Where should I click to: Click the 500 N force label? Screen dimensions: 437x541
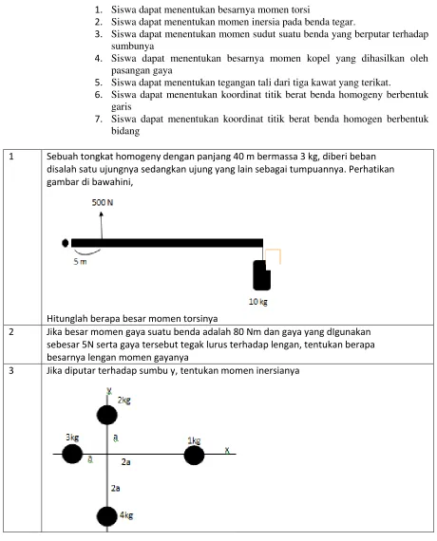pyautogui.click(x=103, y=202)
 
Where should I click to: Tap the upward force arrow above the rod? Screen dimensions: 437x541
pyautogui.click(x=102, y=225)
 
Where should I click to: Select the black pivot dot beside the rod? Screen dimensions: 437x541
pyautogui.click(x=65, y=243)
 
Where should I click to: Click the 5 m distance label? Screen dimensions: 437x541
pyautogui.click(x=80, y=262)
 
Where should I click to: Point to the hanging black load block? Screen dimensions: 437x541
pyautogui.click(x=261, y=275)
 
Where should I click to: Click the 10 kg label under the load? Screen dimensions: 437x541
pyautogui.click(x=258, y=302)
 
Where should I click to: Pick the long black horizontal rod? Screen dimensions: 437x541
pyautogui.click(x=167, y=243)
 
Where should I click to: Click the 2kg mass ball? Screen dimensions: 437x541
pyautogui.click(x=107, y=415)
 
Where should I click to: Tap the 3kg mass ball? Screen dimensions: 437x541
pyautogui.click(x=72, y=454)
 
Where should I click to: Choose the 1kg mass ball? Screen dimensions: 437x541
pyautogui.click(x=194, y=456)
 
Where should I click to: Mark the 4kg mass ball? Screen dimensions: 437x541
pyautogui.click(x=107, y=516)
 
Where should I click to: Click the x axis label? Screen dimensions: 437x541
pyautogui.click(x=227, y=450)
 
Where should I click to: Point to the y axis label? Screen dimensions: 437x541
pyautogui.click(x=109, y=391)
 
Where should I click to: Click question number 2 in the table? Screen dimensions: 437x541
pyautogui.click(x=11, y=332)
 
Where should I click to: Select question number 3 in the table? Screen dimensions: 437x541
pyautogui.click(x=11, y=370)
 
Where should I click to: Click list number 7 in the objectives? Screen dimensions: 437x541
pyautogui.click(x=99, y=119)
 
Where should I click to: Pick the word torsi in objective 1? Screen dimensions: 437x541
pyautogui.click(x=300, y=9)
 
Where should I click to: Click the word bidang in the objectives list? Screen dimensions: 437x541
pyautogui.click(x=125, y=131)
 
